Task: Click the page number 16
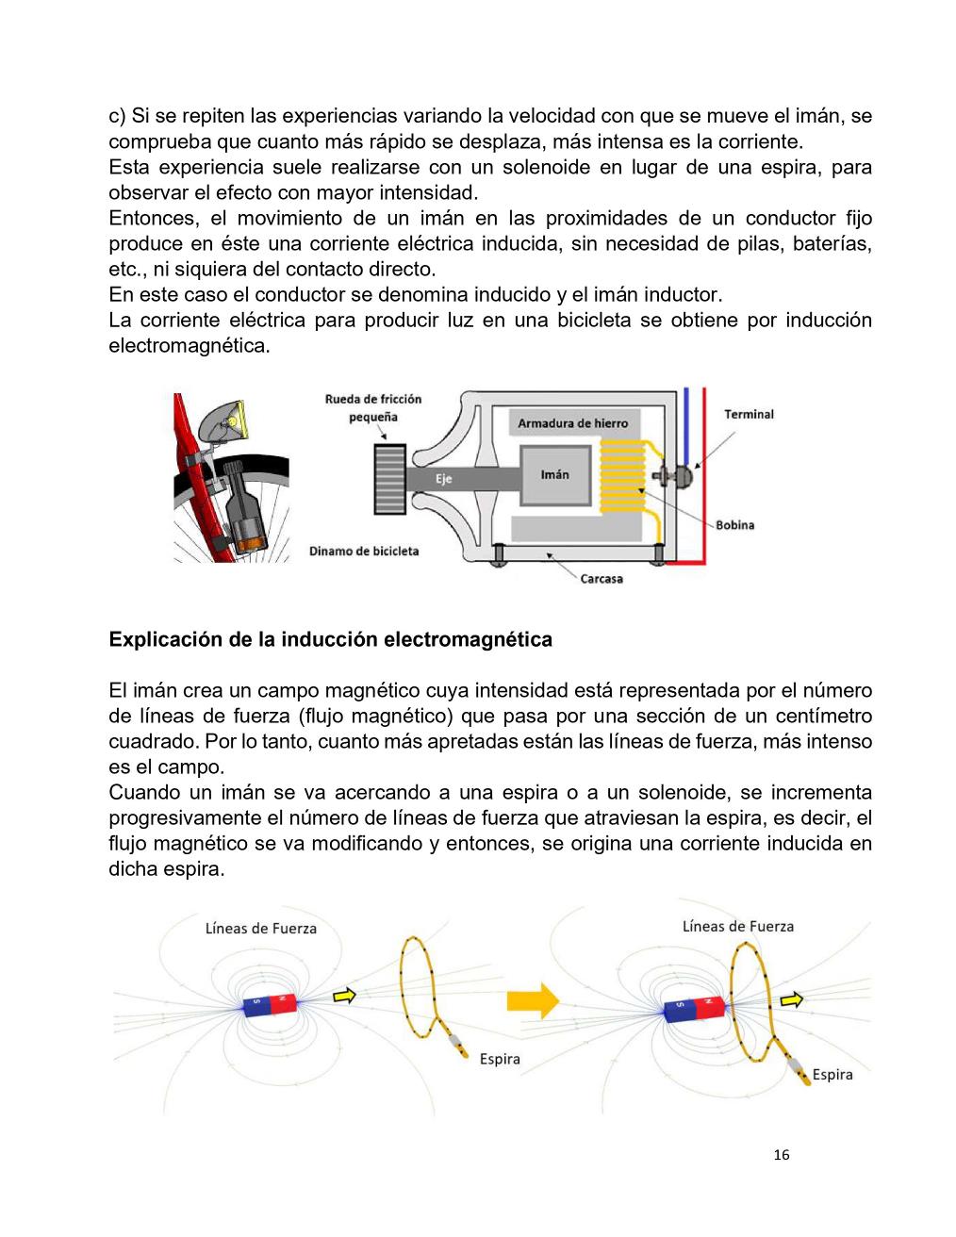[x=781, y=1155]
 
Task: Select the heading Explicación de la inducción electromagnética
[x=330, y=640]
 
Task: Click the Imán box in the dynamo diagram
[x=554, y=475]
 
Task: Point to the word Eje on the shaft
[x=443, y=479]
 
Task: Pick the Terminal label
[x=749, y=414]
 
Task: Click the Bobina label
[x=735, y=525]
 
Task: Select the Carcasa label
[x=601, y=578]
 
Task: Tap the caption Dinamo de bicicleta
[x=364, y=551]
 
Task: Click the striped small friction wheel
[x=390, y=479]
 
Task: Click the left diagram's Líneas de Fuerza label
[x=261, y=929]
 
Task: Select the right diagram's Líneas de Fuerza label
[x=738, y=927]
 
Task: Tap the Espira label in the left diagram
[x=500, y=1059]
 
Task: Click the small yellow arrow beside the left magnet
[x=345, y=994]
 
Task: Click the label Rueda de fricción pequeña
[x=373, y=407]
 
